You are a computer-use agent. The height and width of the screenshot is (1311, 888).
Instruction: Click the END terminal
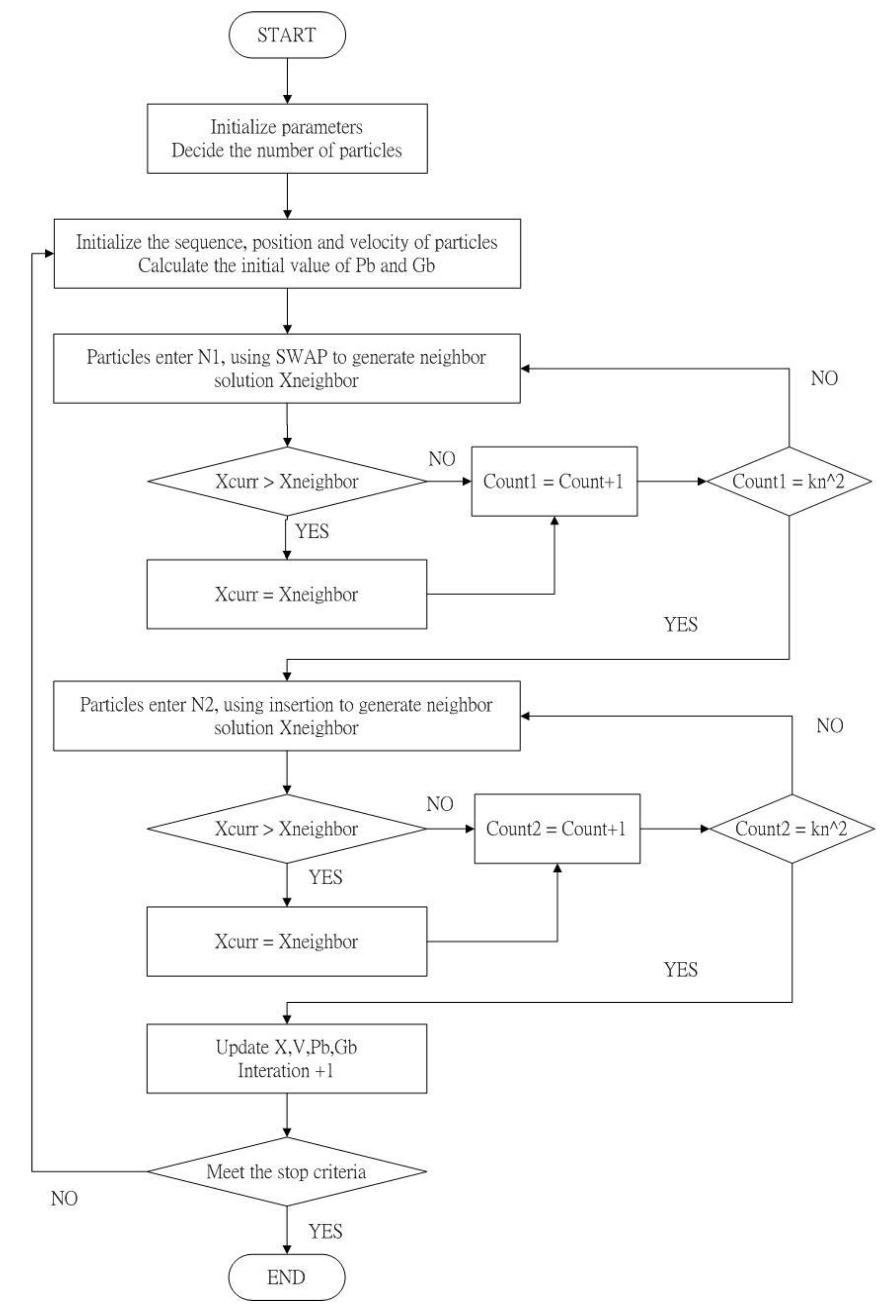pos(286,1277)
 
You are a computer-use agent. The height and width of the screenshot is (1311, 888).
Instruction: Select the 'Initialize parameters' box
pos(287,138)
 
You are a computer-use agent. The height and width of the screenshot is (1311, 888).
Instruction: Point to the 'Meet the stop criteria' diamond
pos(286,1172)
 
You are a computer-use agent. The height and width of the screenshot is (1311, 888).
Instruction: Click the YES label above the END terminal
pos(325,1231)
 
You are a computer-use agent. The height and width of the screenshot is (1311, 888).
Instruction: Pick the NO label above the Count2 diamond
pos(829,725)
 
